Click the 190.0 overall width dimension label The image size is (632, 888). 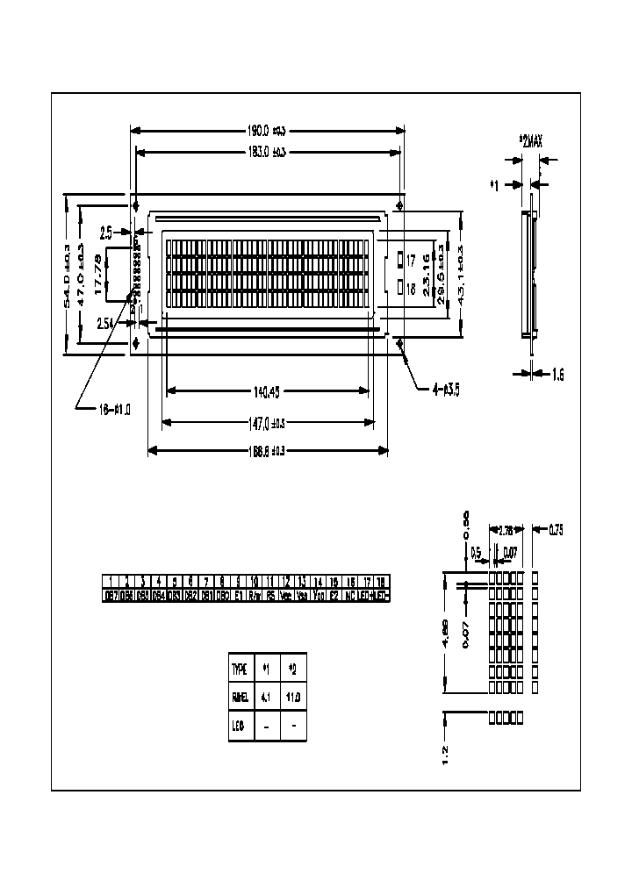267,131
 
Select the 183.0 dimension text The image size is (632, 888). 267,152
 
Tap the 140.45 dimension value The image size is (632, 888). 268,391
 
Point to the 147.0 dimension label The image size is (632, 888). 268,422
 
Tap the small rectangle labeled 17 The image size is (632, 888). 400,259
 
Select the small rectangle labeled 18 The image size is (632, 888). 400,286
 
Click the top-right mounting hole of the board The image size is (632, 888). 401,205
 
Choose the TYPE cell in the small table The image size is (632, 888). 240,669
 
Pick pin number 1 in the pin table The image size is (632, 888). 111,581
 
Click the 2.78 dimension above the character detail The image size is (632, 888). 506,531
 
